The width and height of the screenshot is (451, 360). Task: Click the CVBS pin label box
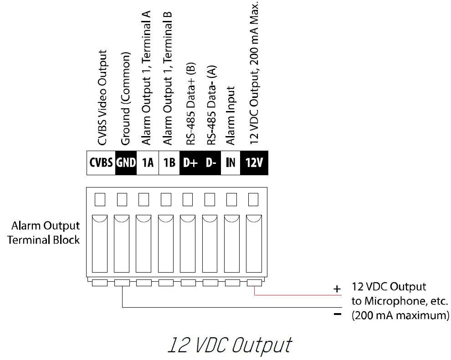pyautogui.click(x=101, y=163)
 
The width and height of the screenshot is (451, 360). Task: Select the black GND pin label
pyautogui.click(x=126, y=163)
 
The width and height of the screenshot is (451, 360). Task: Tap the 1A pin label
pyautogui.click(x=148, y=163)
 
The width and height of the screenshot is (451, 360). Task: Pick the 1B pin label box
pyautogui.click(x=169, y=163)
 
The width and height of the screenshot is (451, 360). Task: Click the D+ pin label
pyautogui.click(x=190, y=163)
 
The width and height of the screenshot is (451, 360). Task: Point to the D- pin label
pyautogui.click(x=211, y=163)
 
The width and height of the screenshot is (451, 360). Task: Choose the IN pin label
pyautogui.click(x=231, y=163)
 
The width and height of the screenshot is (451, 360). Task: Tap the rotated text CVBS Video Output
pyautogui.click(x=103, y=98)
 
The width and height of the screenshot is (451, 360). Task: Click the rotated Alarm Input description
pyautogui.click(x=231, y=116)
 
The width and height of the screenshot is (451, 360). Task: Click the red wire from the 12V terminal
pyautogui.click(x=296, y=294)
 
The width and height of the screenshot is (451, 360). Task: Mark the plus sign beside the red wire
pyautogui.click(x=337, y=289)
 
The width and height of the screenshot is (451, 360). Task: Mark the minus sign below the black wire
pyautogui.click(x=338, y=314)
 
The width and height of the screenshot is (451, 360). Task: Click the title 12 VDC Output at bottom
pyautogui.click(x=229, y=345)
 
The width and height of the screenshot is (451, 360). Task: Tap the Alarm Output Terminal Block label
pyautogui.click(x=45, y=233)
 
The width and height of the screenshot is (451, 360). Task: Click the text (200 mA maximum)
pyautogui.click(x=400, y=315)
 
